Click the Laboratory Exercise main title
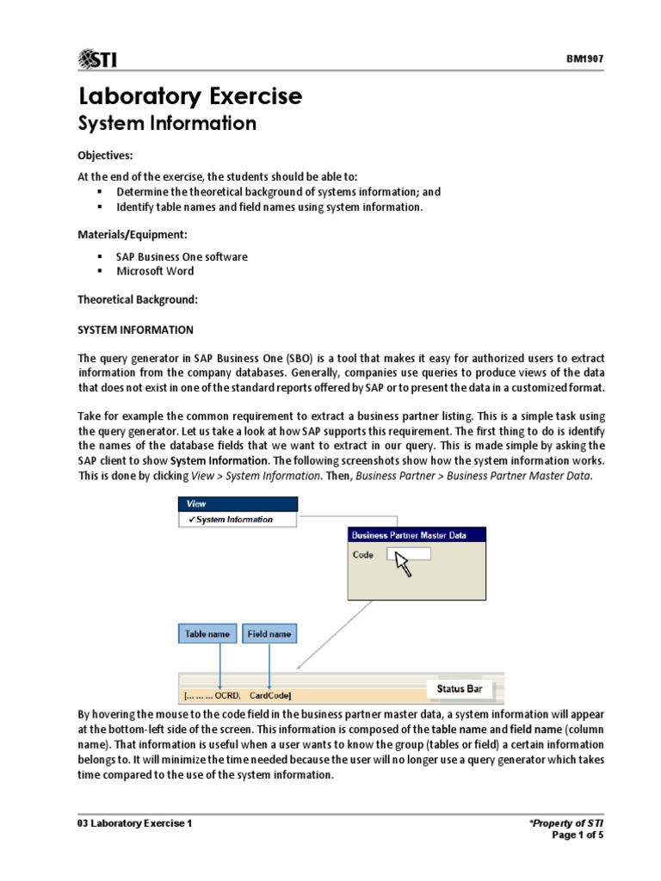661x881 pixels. [190, 96]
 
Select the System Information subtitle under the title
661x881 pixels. [167, 124]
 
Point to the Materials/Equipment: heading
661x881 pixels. [133, 234]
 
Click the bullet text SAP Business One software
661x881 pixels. [182, 257]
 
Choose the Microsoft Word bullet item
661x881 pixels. [155, 271]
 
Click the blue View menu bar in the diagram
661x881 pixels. [237, 504]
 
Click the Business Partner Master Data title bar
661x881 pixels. [417, 535]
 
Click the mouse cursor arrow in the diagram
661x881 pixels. [402, 564]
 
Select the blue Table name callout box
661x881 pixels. [207, 634]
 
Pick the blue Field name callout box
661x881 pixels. [269, 634]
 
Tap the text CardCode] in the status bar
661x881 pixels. [270, 695]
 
